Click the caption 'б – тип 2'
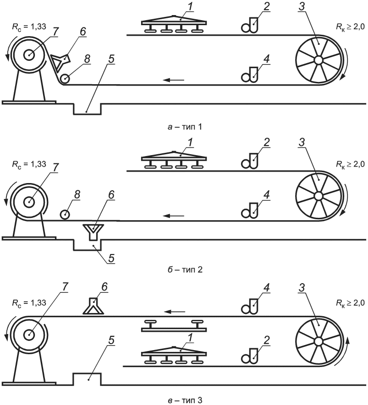pos(183,270)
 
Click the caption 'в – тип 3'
pos(183,399)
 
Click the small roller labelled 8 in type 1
pos(66,78)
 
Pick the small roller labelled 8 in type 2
pos(65,214)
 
